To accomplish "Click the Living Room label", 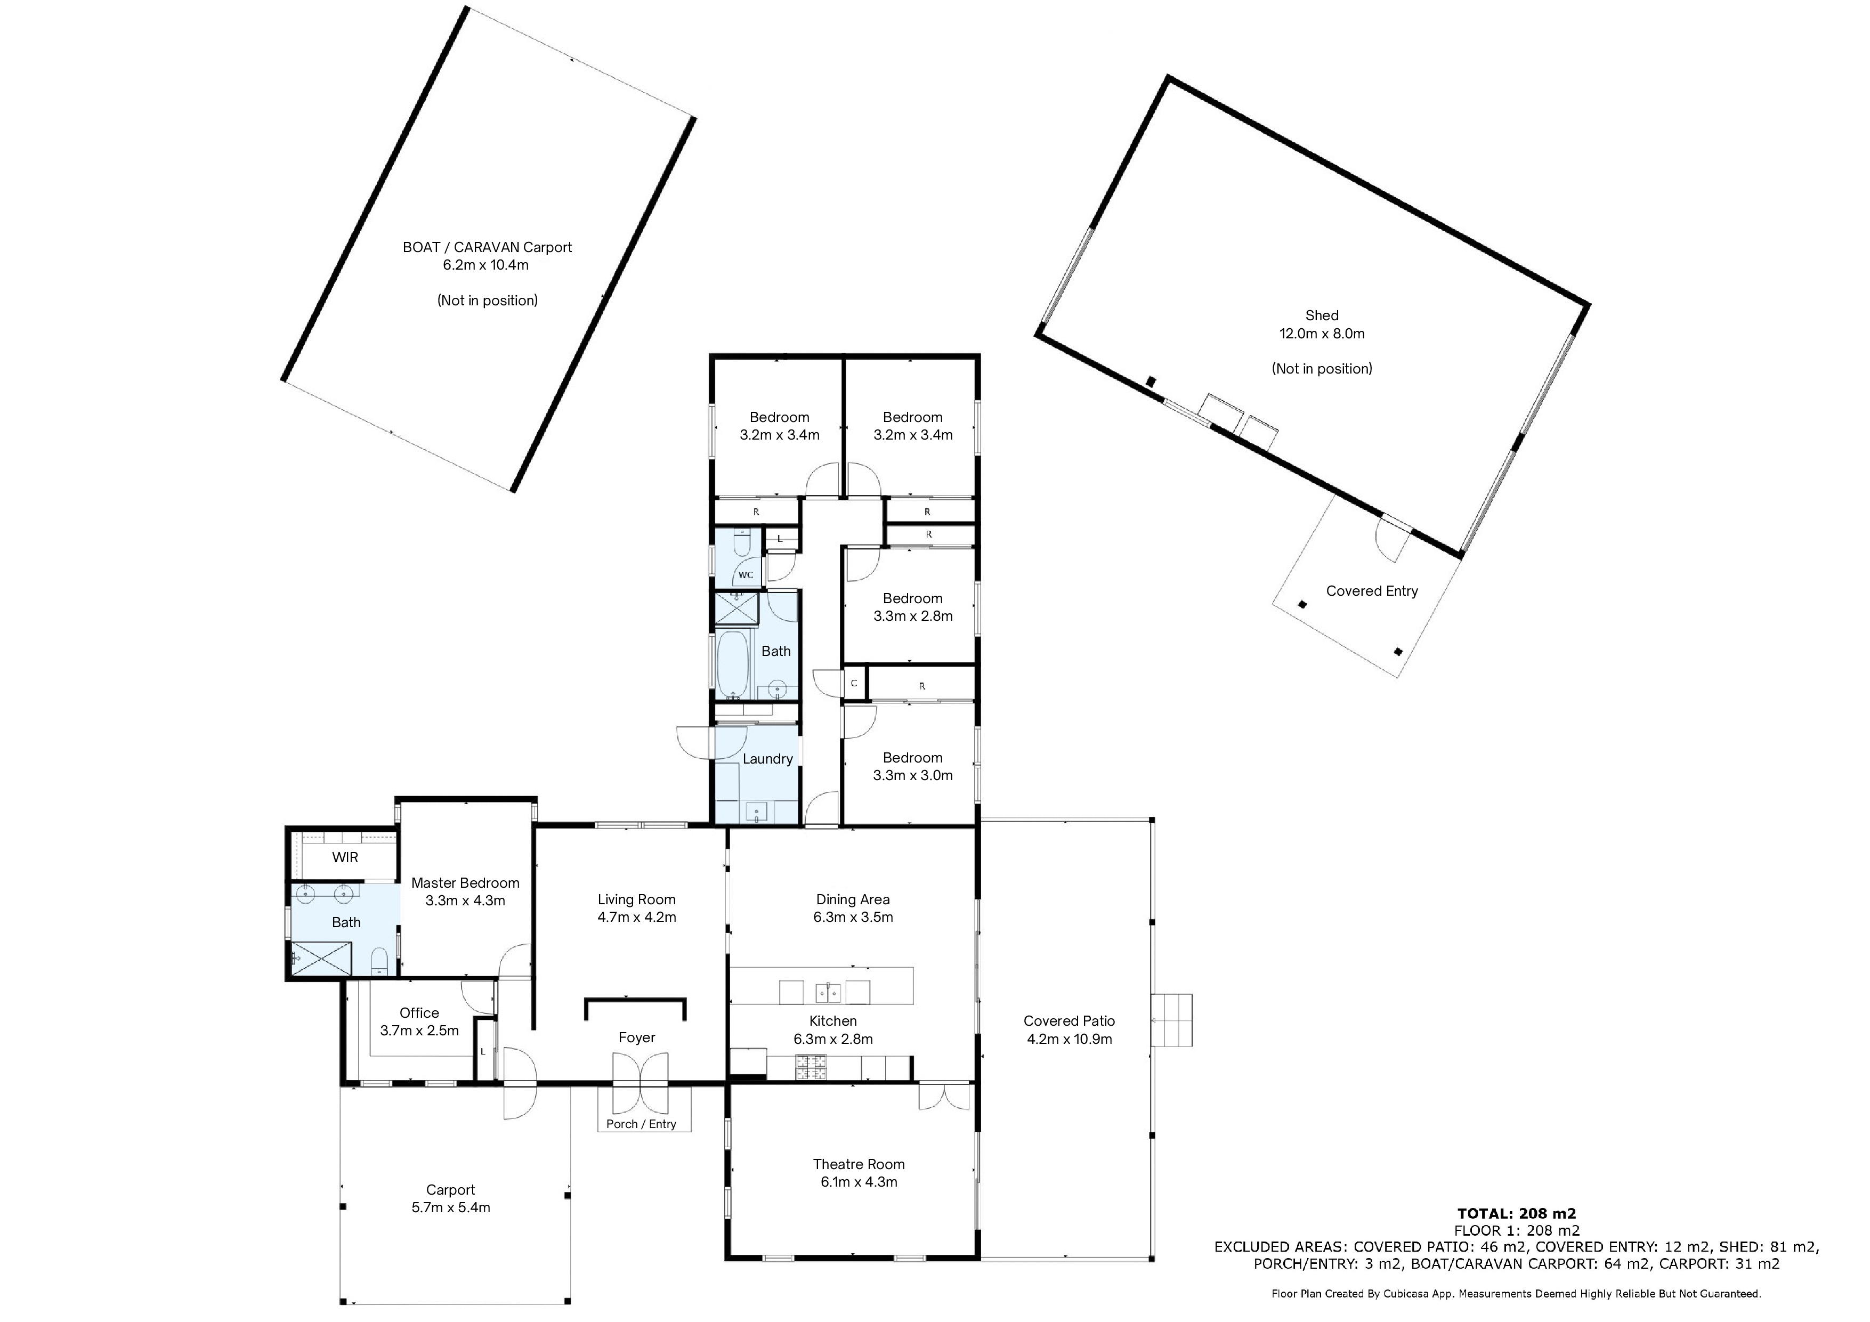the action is (636, 899).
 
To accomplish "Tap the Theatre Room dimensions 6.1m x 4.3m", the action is (859, 1182).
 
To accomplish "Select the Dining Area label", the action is (853, 899).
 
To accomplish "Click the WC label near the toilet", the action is (745, 575).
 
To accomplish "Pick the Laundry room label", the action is (767, 759).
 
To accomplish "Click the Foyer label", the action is (636, 1038).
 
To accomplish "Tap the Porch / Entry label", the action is (641, 1124).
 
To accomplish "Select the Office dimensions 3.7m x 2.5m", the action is (419, 1031).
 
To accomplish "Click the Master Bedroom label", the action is (465, 883).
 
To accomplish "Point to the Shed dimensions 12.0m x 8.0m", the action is (1322, 333).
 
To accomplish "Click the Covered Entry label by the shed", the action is (1372, 591).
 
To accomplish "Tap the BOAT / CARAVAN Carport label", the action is (487, 247).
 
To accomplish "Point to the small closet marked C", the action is (854, 684).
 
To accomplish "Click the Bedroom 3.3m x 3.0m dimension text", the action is (913, 775).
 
